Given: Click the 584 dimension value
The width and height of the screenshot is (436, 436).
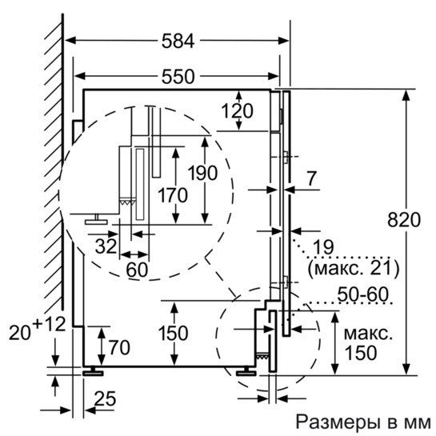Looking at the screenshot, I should point(178,40).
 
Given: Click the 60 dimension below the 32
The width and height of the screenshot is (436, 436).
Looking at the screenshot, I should point(137,270).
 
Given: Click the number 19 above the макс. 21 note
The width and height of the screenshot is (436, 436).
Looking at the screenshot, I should point(321,246).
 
